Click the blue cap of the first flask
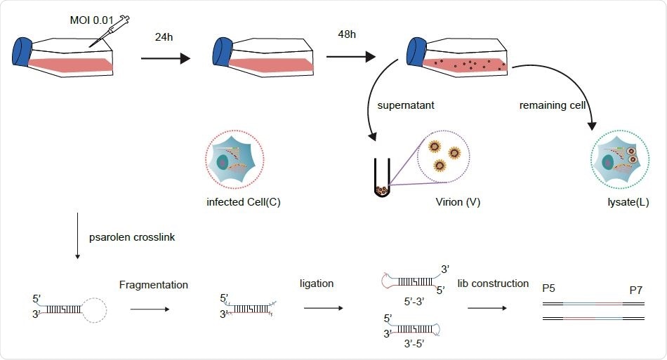tap(22, 53)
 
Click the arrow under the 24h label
tap(165, 58)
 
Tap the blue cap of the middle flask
tap(222, 53)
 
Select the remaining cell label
tap(552, 105)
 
